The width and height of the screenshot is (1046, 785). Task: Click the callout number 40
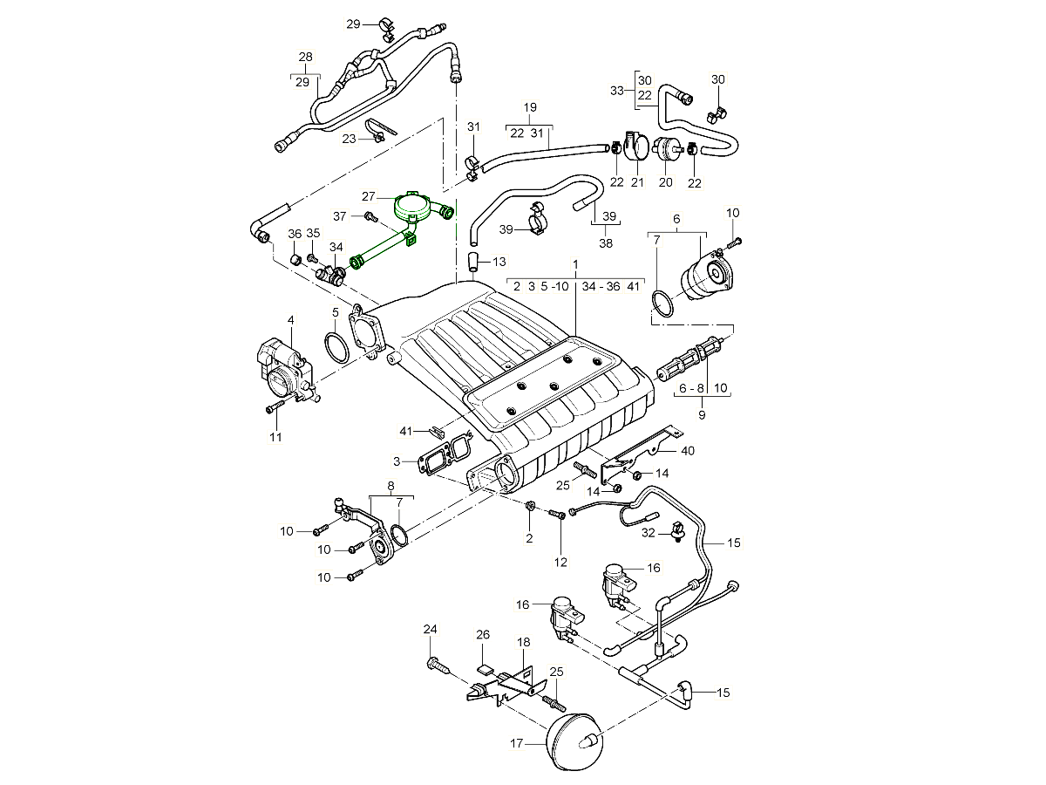(688, 451)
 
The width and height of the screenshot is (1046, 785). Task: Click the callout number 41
(405, 431)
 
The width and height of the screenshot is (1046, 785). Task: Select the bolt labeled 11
(275, 407)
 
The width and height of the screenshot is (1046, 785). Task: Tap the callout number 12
(560, 563)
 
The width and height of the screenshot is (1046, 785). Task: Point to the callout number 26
(484, 635)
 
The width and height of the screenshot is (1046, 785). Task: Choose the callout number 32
(648, 532)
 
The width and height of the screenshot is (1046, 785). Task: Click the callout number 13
(499, 262)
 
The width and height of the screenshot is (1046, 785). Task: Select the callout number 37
(340, 215)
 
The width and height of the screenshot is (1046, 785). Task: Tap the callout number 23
(349, 139)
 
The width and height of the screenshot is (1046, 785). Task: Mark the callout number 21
(636, 182)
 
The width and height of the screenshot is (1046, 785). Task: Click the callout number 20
(666, 182)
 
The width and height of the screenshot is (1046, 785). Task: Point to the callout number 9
(702, 415)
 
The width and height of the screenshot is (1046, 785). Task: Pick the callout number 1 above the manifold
(575, 263)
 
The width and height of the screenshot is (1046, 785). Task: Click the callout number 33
(617, 91)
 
